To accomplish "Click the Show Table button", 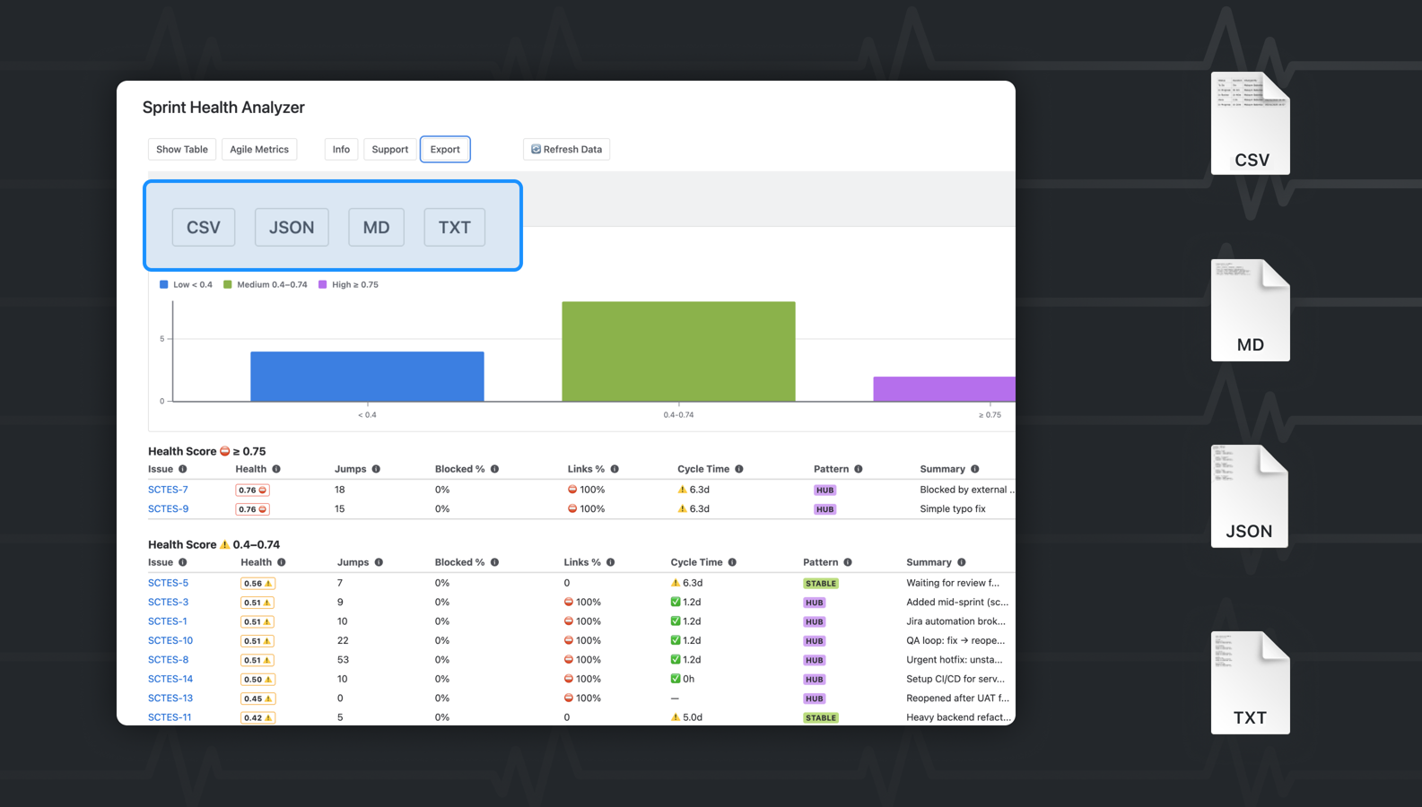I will pyautogui.click(x=181, y=150).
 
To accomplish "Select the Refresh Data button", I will pyautogui.click(x=566, y=150).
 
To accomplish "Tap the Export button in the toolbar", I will pyautogui.click(x=445, y=150).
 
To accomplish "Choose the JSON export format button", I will pyautogui.click(x=292, y=228).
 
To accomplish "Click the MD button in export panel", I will pyautogui.click(x=376, y=228).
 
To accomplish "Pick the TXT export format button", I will pyautogui.click(x=454, y=228).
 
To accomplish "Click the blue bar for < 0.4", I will pyautogui.click(x=367, y=377).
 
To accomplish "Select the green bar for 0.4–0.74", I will pyautogui.click(x=678, y=351).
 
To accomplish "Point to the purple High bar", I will pyautogui.click(x=944, y=389).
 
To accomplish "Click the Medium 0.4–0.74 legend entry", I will pyautogui.click(x=266, y=285).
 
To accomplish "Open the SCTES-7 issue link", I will pyautogui.click(x=168, y=490).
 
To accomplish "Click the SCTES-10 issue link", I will pyautogui.click(x=170, y=640).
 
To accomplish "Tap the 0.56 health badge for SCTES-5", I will pyautogui.click(x=257, y=583).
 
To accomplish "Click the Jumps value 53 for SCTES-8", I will pyautogui.click(x=343, y=660).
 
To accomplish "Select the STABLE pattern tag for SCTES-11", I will pyautogui.click(x=820, y=717).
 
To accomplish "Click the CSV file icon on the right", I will pyautogui.click(x=1250, y=124).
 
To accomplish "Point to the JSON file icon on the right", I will pyautogui.click(x=1249, y=496).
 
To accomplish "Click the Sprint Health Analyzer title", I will pyautogui.click(x=223, y=108).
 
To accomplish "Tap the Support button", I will pyautogui.click(x=389, y=150).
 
